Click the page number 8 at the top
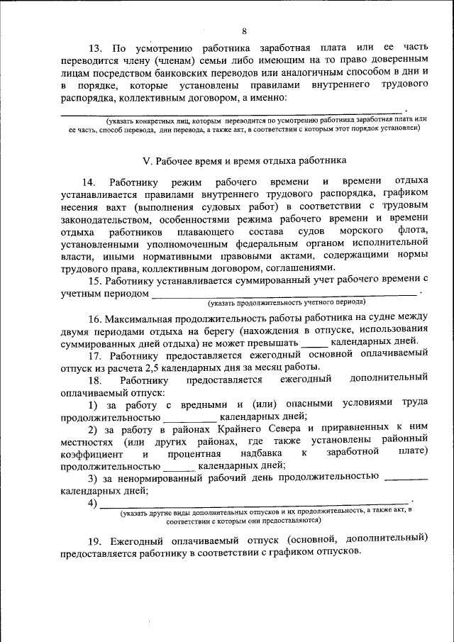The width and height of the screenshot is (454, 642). pyautogui.click(x=244, y=31)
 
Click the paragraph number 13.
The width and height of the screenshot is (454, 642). pyautogui.click(x=96, y=48)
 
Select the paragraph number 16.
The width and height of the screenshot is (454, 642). pyautogui.click(x=96, y=316)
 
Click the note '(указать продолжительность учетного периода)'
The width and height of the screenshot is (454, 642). pyautogui.click(x=287, y=302)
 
